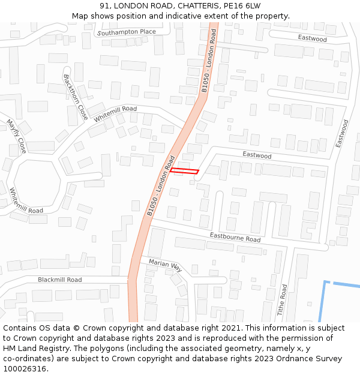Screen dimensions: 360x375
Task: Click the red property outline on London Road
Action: click(184, 172)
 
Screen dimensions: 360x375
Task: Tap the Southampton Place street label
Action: click(126, 32)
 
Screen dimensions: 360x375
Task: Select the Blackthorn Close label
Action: click(76, 97)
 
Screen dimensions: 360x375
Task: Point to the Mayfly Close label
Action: click(17, 137)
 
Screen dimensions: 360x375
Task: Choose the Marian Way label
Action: click(165, 265)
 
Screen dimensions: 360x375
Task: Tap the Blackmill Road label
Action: click(59, 280)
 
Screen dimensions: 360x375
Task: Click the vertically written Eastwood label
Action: click(342, 134)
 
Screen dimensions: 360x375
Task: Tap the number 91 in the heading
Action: click(106, 6)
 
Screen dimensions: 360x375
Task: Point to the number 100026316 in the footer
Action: click(25, 369)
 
